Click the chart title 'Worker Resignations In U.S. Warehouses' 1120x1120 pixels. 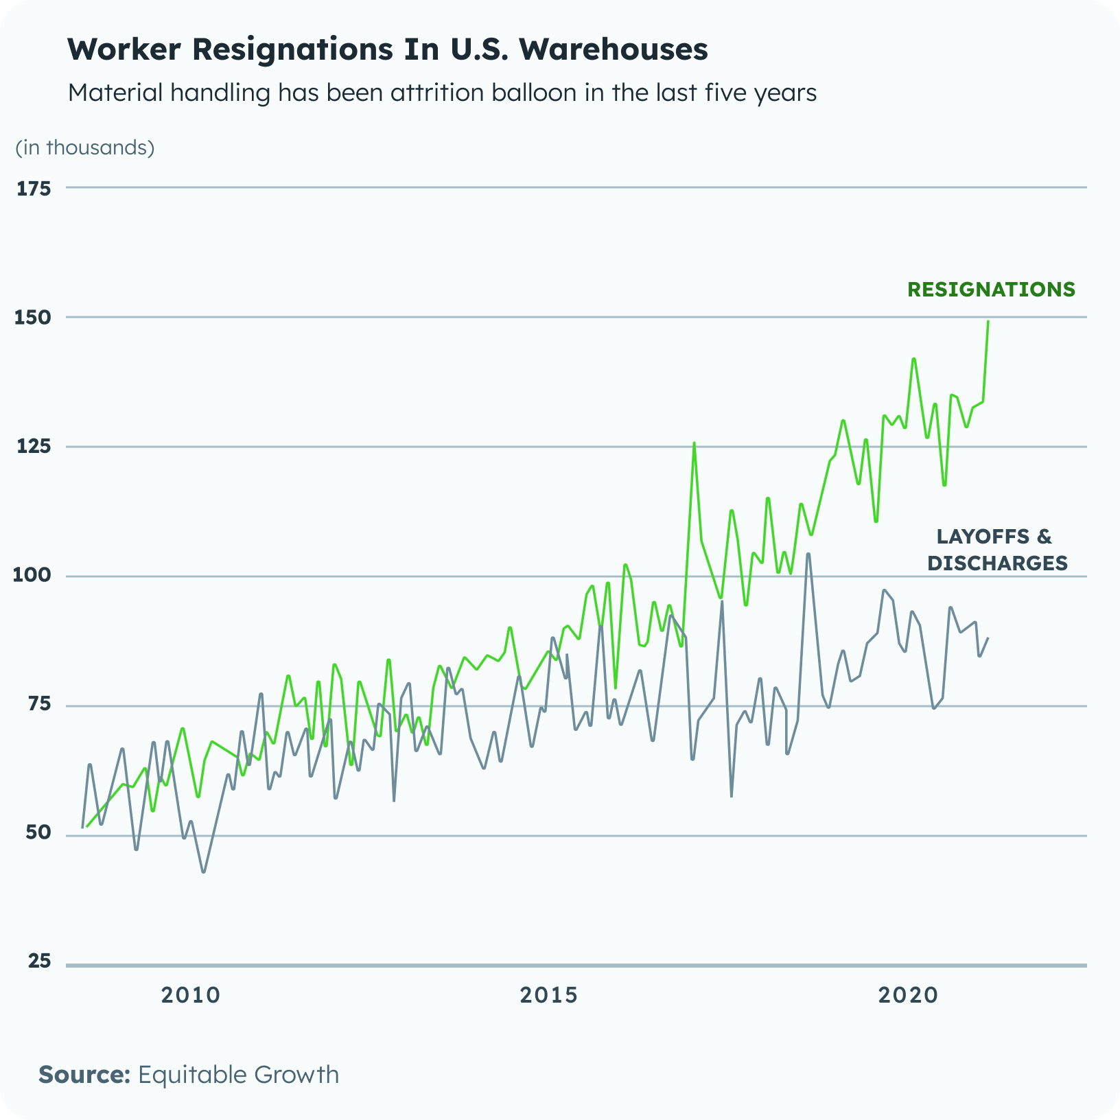[x=388, y=49]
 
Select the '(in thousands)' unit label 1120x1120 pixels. [x=85, y=148]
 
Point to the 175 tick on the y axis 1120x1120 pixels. [x=34, y=189]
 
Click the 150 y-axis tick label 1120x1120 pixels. [x=34, y=318]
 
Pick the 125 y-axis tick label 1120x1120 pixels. [x=34, y=447]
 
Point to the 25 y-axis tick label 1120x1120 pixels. [x=38, y=962]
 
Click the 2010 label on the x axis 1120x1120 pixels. [x=191, y=995]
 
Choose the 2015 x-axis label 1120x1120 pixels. [x=549, y=995]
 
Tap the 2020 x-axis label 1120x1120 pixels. [x=908, y=995]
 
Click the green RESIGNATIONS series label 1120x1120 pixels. [x=991, y=290]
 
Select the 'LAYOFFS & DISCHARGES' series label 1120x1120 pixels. [x=996, y=550]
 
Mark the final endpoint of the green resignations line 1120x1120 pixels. [x=988, y=321]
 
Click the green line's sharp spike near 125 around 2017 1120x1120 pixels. [x=694, y=443]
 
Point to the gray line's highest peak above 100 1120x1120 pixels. [x=808, y=554]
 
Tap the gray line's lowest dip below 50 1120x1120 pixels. [x=203, y=872]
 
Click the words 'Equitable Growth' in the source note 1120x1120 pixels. [x=238, y=1074]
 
